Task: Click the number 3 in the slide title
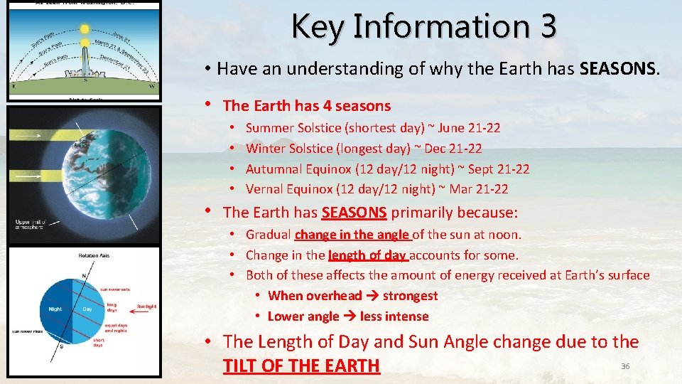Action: (x=547, y=26)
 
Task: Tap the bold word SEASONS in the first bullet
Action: (x=619, y=68)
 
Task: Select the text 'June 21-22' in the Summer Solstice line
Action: (x=469, y=128)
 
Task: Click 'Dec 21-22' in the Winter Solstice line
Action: (x=453, y=149)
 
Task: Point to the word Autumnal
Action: (x=271, y=169)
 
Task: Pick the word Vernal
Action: (x=264, y=189)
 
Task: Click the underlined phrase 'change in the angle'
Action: (x=352, y=234)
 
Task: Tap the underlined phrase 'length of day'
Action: (x=367, y=255)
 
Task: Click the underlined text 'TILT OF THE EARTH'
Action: (x=301, y=366)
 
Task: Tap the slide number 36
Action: (x=625, y=366)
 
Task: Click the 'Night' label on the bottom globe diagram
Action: (x=55, y=309)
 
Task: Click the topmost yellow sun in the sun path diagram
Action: (x=85, y=29)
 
